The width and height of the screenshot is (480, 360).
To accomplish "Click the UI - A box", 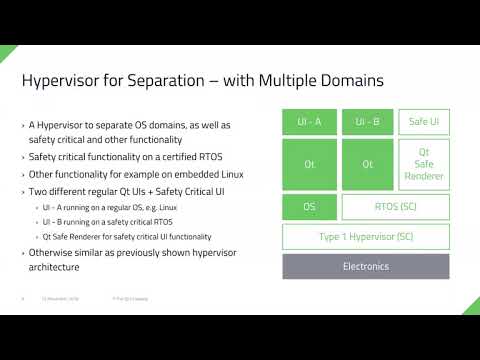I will [310, 122].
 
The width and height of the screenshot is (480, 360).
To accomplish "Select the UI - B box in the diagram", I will [367, 122].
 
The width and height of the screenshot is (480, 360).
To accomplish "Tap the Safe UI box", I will [425, 122].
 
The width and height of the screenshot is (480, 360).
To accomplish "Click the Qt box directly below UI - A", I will [310, 164].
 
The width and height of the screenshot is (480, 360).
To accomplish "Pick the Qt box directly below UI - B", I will [367, 164].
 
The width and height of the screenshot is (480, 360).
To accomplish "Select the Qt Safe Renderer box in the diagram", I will [425, 164].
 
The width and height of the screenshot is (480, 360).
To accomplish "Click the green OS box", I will [310, 207].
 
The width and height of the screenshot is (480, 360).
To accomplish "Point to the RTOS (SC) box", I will [396, 207].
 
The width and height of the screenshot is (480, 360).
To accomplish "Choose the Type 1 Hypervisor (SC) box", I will [367, 237].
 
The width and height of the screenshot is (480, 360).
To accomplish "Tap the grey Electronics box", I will [367, 267].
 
